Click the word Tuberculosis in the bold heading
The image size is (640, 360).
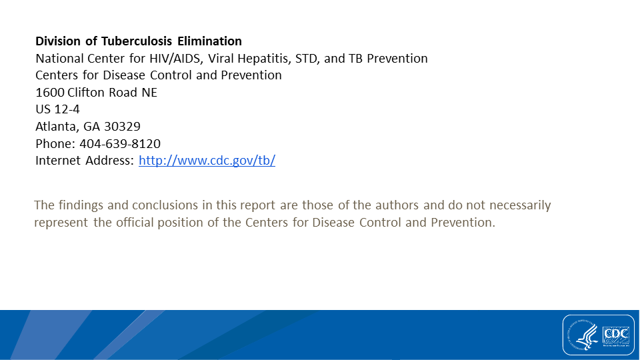point(137,41)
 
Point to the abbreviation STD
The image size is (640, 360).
point(307,59)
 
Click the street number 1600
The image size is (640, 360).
point(50,93)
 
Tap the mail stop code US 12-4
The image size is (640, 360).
point(57,109)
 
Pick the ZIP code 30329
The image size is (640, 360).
point(122,127)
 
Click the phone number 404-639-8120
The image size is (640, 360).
point(120,144)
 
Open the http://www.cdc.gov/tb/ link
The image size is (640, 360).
point(207,161)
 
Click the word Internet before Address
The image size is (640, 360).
point(58,161)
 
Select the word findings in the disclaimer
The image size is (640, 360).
point(81,205)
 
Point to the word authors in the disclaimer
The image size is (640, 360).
point(397,205)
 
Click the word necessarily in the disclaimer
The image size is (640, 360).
point(520,205)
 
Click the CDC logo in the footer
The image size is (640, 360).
point(616,335)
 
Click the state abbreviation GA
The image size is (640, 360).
point(91,127)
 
